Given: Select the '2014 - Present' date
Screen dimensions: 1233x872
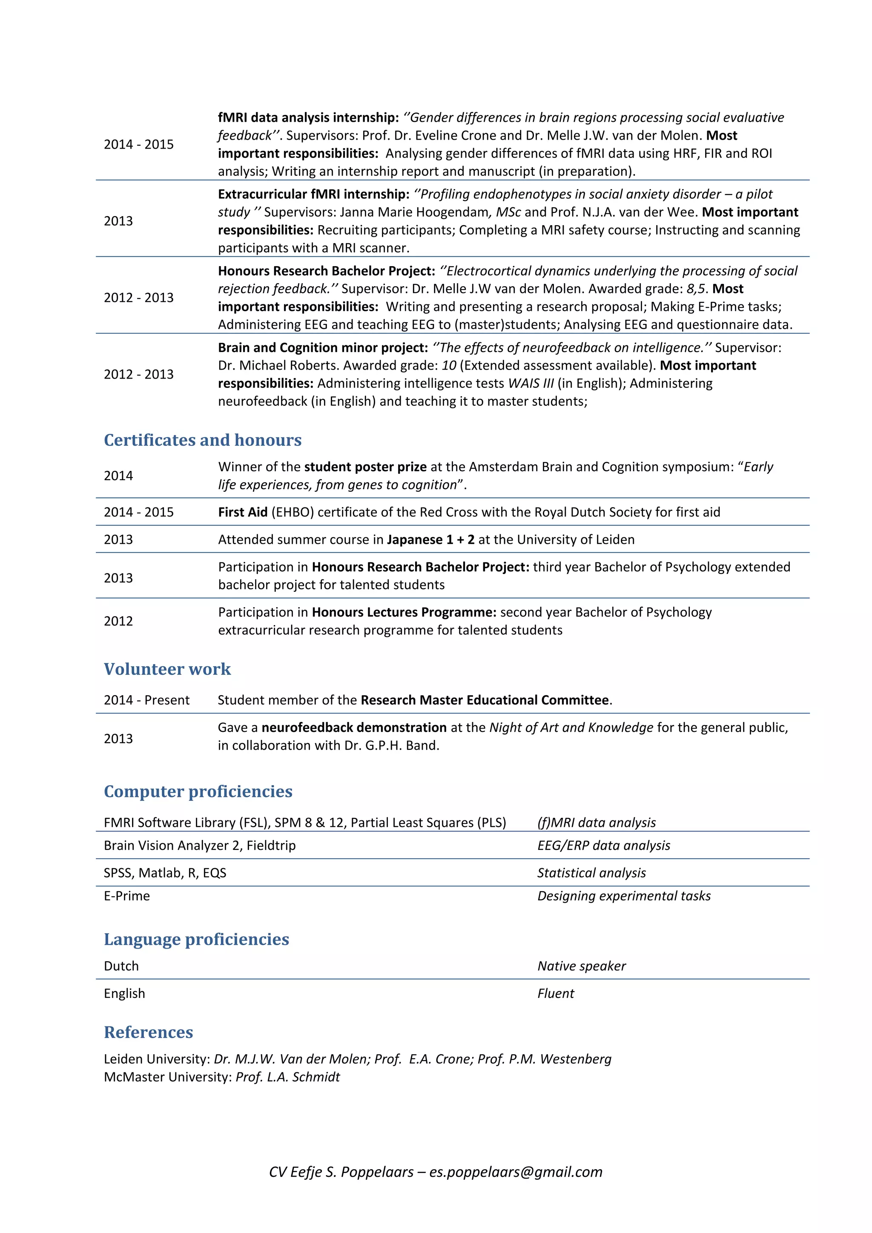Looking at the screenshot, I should click(x=146, y=700).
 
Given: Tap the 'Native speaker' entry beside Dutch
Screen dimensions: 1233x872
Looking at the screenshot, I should click(x=582, y=966).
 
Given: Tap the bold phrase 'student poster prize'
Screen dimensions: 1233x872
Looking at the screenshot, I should click(x=365, y=467).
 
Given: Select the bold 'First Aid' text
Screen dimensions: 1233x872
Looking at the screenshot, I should click(x=243, y=512).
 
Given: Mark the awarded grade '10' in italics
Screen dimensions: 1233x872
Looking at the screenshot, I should click(x=449, y=365).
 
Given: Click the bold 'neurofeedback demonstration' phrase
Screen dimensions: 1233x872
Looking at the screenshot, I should click(x=354, y=727).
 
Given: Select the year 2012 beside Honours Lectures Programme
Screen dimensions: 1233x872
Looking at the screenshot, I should click(x=118, y=621).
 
